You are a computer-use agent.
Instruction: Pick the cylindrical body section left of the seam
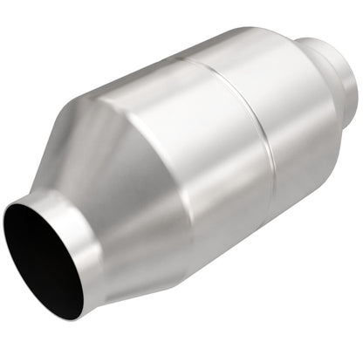188,148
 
